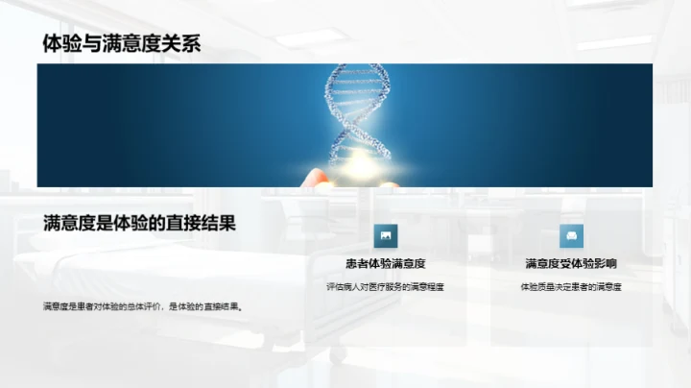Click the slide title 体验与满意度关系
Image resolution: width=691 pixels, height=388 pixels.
(x=121, y=43)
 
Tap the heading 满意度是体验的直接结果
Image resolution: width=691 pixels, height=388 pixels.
(x=139, y=223)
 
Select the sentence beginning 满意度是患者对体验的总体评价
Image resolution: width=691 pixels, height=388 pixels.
(x=141, y=306)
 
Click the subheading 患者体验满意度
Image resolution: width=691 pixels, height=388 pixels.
(x=385, y=263)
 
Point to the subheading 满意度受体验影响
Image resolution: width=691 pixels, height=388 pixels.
(x=570, y=263)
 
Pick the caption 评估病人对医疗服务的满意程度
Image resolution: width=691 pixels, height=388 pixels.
(x=385, y=286)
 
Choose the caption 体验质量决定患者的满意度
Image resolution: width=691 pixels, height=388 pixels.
(x=570, y=286)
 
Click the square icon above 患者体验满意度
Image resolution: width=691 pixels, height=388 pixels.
(x=385, y=236)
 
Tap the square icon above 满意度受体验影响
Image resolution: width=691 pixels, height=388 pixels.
(x=572, y=236)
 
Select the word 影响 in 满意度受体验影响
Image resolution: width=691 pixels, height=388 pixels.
(x=604, y=263)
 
